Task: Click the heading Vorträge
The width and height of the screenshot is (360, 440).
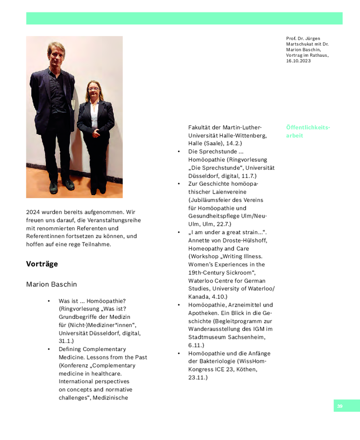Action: [42, 264]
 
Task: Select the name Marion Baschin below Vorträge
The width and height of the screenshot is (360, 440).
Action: [51, 285]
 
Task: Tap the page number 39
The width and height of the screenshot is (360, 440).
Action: [340, 406]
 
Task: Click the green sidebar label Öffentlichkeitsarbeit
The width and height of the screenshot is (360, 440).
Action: [308, 132]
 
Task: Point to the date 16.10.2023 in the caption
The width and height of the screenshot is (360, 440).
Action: [298, 61]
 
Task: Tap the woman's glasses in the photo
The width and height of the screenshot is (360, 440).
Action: [93, 89]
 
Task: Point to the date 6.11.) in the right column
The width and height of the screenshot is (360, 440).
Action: [196, 345]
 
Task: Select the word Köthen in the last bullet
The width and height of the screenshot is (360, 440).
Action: [247, 369]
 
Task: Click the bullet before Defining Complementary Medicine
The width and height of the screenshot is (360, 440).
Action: [49, 350]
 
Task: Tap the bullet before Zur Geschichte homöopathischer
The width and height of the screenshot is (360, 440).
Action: [179, 184]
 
